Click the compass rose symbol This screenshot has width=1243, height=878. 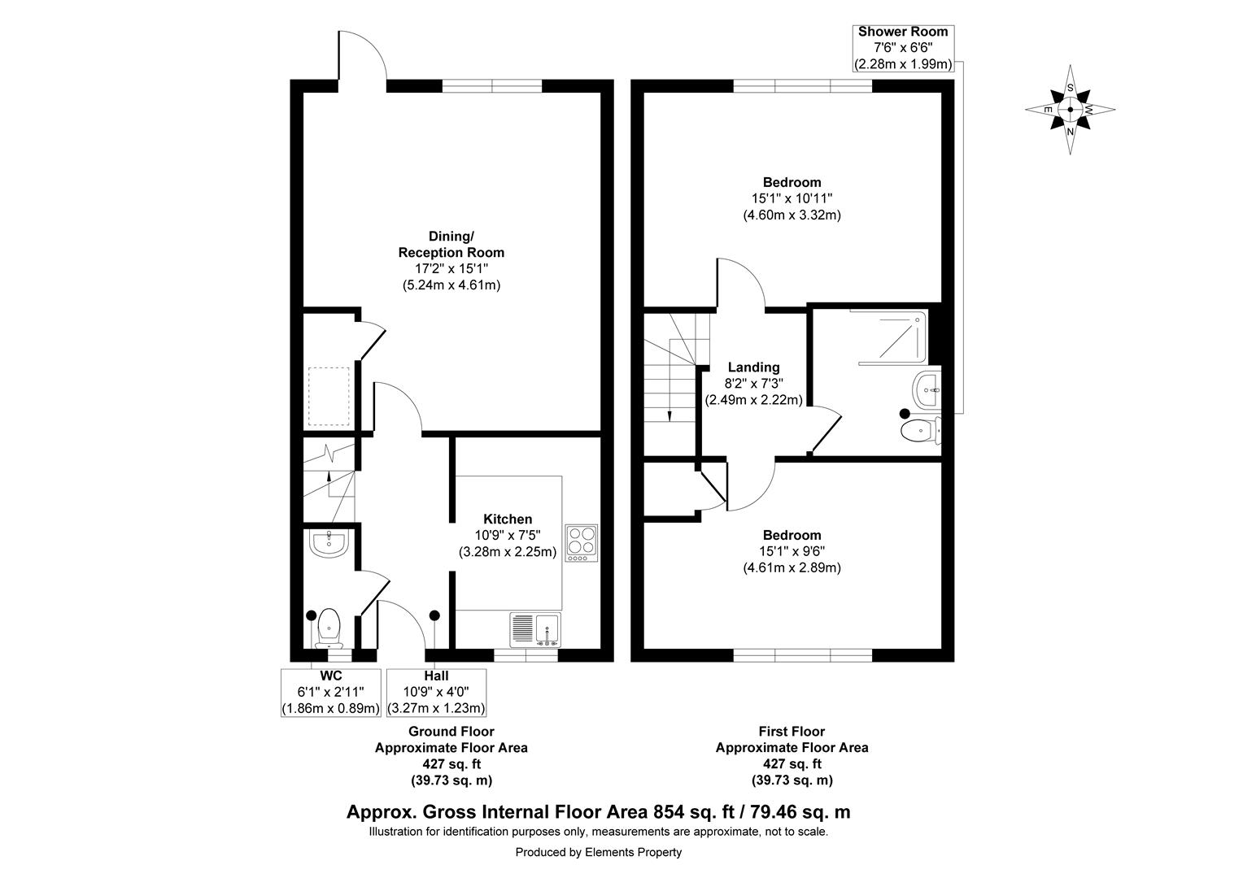pos(1071,109)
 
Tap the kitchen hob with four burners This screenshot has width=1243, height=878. pos(582,541)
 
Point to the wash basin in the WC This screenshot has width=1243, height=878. pos(329,542)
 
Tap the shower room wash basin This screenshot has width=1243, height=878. pos(927,390)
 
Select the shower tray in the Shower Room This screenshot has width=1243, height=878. pos(888,335)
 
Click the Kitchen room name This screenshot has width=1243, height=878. pos(508,519)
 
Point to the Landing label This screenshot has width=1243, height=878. pos(753,367)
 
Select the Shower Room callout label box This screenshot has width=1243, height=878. pos(902,48)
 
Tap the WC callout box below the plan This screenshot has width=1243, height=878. pos(330,692)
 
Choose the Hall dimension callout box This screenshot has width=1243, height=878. pos(436,692)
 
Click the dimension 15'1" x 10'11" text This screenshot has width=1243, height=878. pos(792,198)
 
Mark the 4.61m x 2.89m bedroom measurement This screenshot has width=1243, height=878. pos(792,567)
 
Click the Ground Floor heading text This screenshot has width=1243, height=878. pos(451,732)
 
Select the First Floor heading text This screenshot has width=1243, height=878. pos(792,732)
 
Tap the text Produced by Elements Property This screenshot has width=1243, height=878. pos(598,852)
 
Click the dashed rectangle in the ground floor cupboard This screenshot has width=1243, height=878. pos(329,397)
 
